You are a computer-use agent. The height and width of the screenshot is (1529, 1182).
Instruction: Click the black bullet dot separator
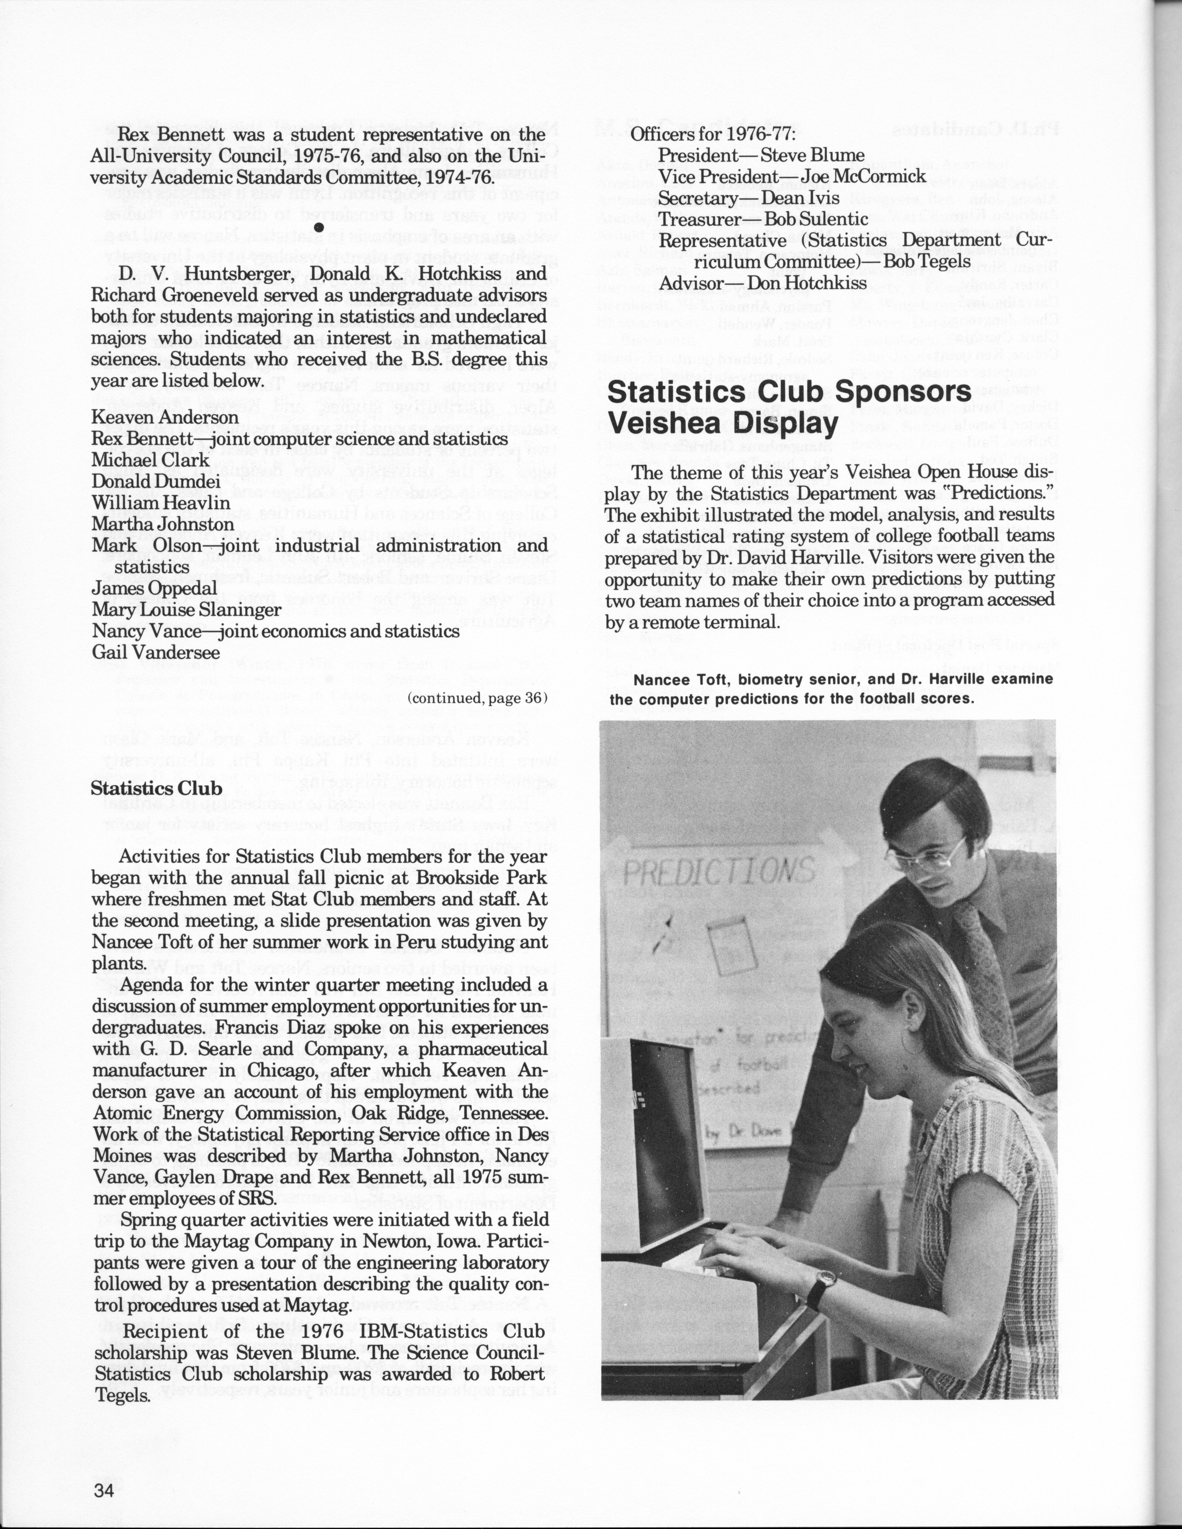tap(319, 227)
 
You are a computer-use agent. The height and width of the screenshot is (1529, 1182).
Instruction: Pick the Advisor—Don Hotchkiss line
tap(763, 284)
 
